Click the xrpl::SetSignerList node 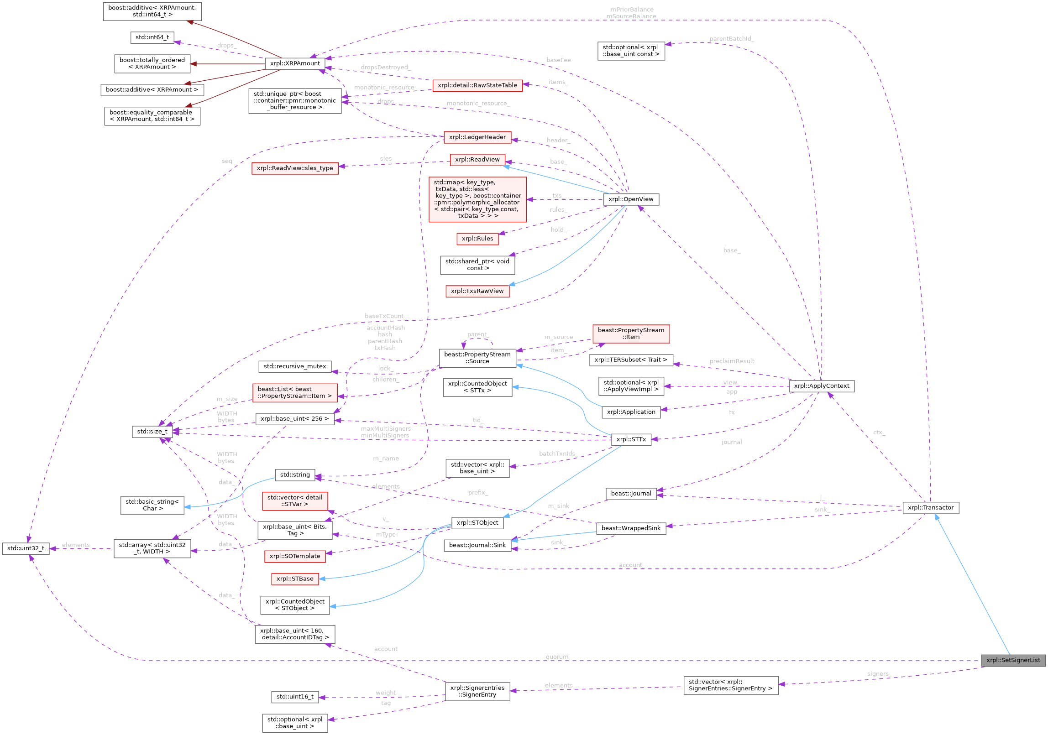[x=1013, y=660]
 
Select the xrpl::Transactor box [x=930, y=507]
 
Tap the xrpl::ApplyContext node [x=821, y=386]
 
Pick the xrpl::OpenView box [x=631, y=199]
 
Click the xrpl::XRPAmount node [x=295, y=63]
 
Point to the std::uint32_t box [x=26, y=548]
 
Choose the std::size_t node [x=152, y=432]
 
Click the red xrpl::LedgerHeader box [x=477, y=137]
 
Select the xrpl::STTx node [x=631, y=439]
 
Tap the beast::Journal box [x=631, y=494]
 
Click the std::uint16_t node [x=295, y=697]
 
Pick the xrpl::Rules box [x=477, y=239]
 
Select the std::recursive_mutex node [x=295, y=366]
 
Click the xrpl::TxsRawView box [x=477, y=291]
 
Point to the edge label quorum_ [x=557, y=657]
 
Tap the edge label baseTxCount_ [x=385, y=316]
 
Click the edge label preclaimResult [x=732, y=361]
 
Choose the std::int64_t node [x=152, y=37]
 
